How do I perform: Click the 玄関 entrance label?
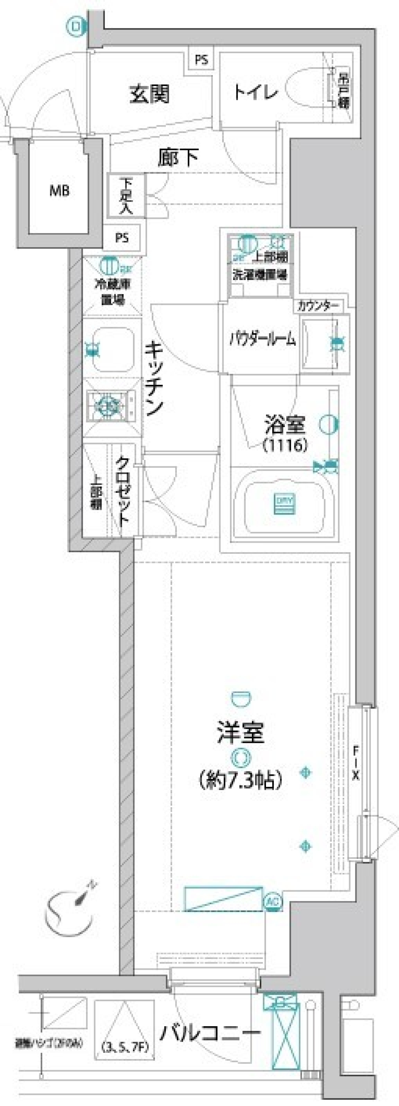[150, 94]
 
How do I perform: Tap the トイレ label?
[256, 92]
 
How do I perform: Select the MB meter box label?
[59, 191]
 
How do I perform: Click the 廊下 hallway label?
[178, 158]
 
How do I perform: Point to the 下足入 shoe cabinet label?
[127, 196]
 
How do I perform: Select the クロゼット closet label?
[123, 491]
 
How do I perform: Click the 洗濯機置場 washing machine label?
[260, 275]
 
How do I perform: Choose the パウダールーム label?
[262, 340]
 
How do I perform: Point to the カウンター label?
[318, 306]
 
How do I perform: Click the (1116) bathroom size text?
[285, 446]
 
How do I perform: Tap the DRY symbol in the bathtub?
[285, 505]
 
